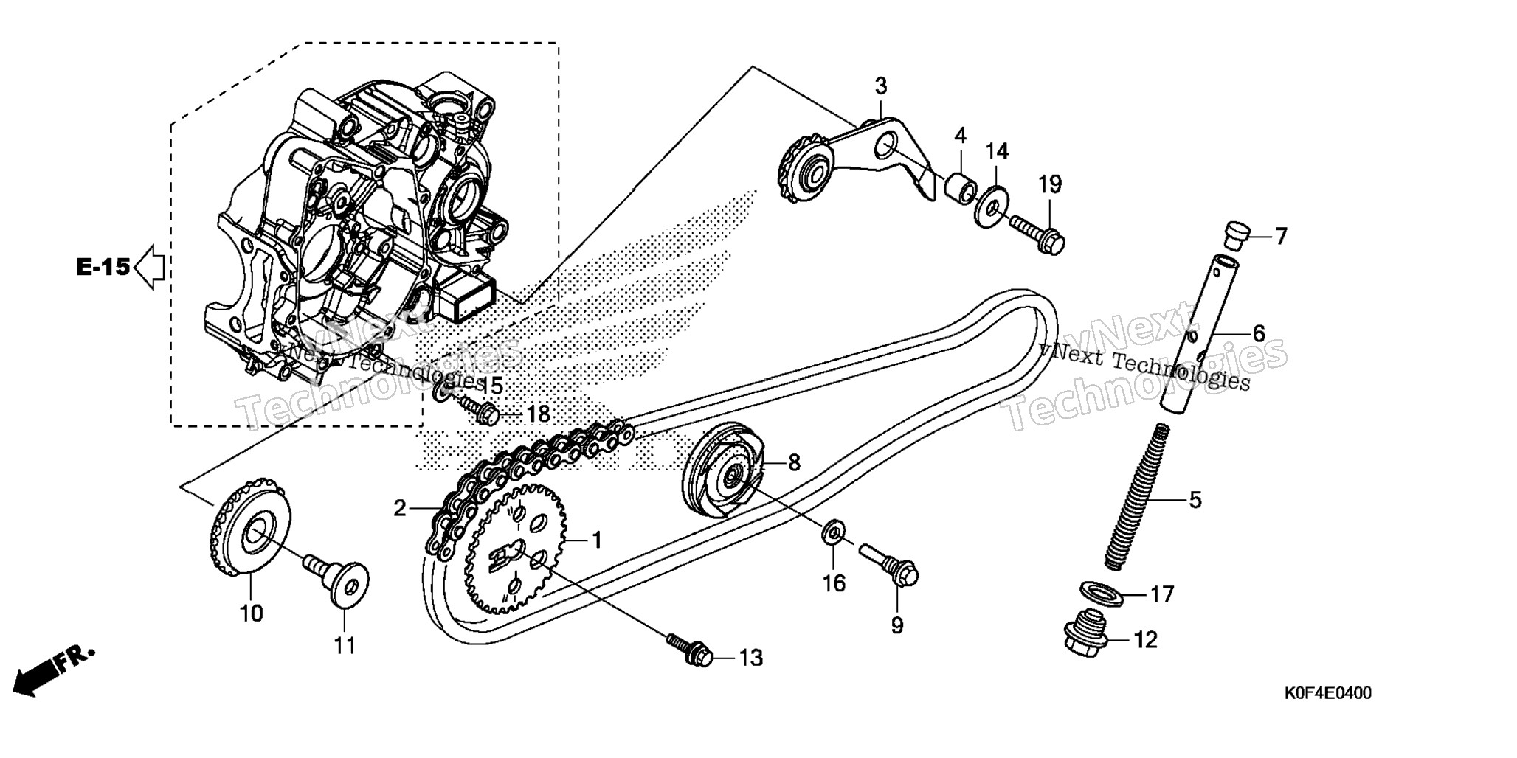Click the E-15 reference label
coord(103,267)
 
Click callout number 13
coord(751,657)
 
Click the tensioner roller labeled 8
coord(726,471)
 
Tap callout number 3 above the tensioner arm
coord(881,86)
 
